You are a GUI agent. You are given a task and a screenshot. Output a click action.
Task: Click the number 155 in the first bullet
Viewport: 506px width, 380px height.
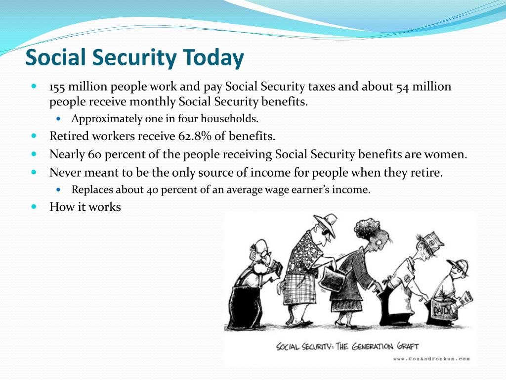[x=57, y=87]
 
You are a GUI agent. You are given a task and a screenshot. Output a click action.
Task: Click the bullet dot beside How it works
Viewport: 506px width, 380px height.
[x=34, y=206]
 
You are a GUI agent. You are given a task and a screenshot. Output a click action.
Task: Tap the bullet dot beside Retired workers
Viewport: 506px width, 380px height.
[x=34, y=136]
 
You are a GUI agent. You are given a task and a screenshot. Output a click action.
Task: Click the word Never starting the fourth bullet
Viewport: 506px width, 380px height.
[x=65, y=173]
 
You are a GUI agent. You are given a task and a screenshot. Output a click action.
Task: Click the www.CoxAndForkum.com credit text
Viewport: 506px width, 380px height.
[x=431, y=358]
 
